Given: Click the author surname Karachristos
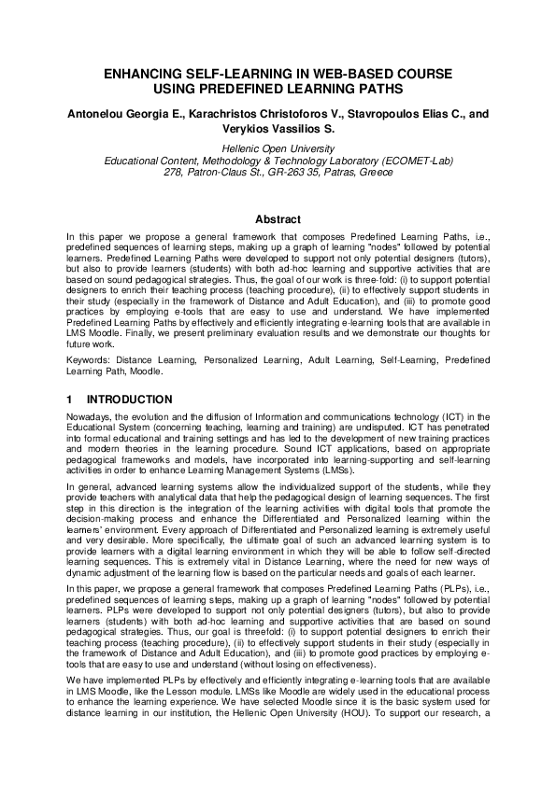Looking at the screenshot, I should pyautogui.click(x=210, y=113).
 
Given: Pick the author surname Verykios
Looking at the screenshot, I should pyautogui.click(x=239, y=129).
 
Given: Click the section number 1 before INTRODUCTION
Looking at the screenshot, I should pyautogui.click(x=69, y=400).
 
